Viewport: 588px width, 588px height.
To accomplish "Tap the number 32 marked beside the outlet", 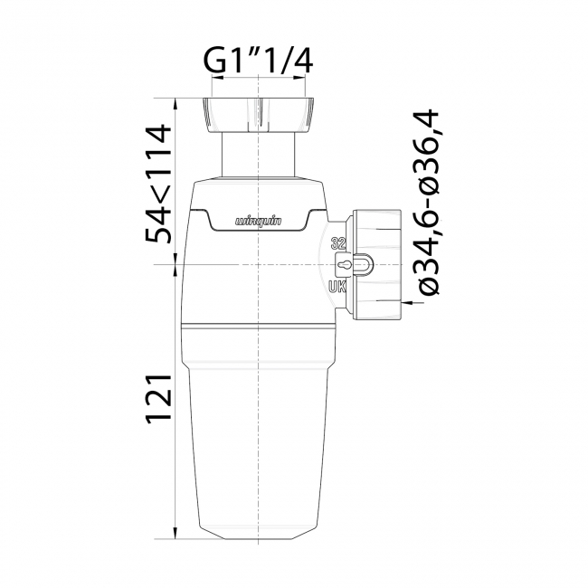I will tap(338, 242).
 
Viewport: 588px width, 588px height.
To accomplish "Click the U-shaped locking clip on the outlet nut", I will tap(360, 264).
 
